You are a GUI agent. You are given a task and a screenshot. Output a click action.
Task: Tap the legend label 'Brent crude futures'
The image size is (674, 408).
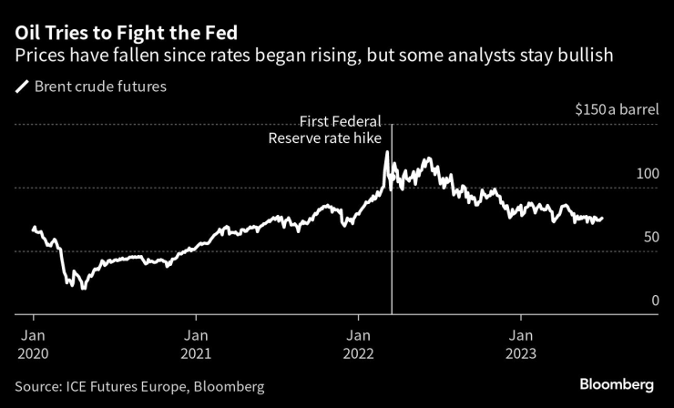[x=101, y=87]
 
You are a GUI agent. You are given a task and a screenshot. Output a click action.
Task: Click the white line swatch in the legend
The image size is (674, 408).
[x=22, y=87]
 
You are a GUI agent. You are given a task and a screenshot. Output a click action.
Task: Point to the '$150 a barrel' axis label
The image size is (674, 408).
[x=616, y=108]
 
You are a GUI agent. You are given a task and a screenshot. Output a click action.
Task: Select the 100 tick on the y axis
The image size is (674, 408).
[x=647, y=173]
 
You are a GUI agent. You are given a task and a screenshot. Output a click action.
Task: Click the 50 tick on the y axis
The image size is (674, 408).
[x=650, y=237]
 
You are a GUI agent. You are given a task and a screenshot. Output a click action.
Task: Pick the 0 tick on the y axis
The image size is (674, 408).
[x=655, y=301]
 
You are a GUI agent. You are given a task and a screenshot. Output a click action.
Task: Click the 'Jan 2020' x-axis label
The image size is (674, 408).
[x=34, y=344]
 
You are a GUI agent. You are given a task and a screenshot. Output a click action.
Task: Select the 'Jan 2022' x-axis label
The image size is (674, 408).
[x=359, y=344]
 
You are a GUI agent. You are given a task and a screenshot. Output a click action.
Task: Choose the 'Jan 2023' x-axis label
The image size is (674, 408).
[x=521, y=344]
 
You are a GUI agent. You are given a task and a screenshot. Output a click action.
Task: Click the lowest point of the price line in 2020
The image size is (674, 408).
[x=83, y=289]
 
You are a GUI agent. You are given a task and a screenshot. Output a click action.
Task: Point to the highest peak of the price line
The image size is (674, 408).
[x=386, y=152]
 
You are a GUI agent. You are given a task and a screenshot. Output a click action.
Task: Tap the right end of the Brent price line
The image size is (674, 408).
[x=602, y=218]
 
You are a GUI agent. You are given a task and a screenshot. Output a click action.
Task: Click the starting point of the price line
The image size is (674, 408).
[x=34, y=228]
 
